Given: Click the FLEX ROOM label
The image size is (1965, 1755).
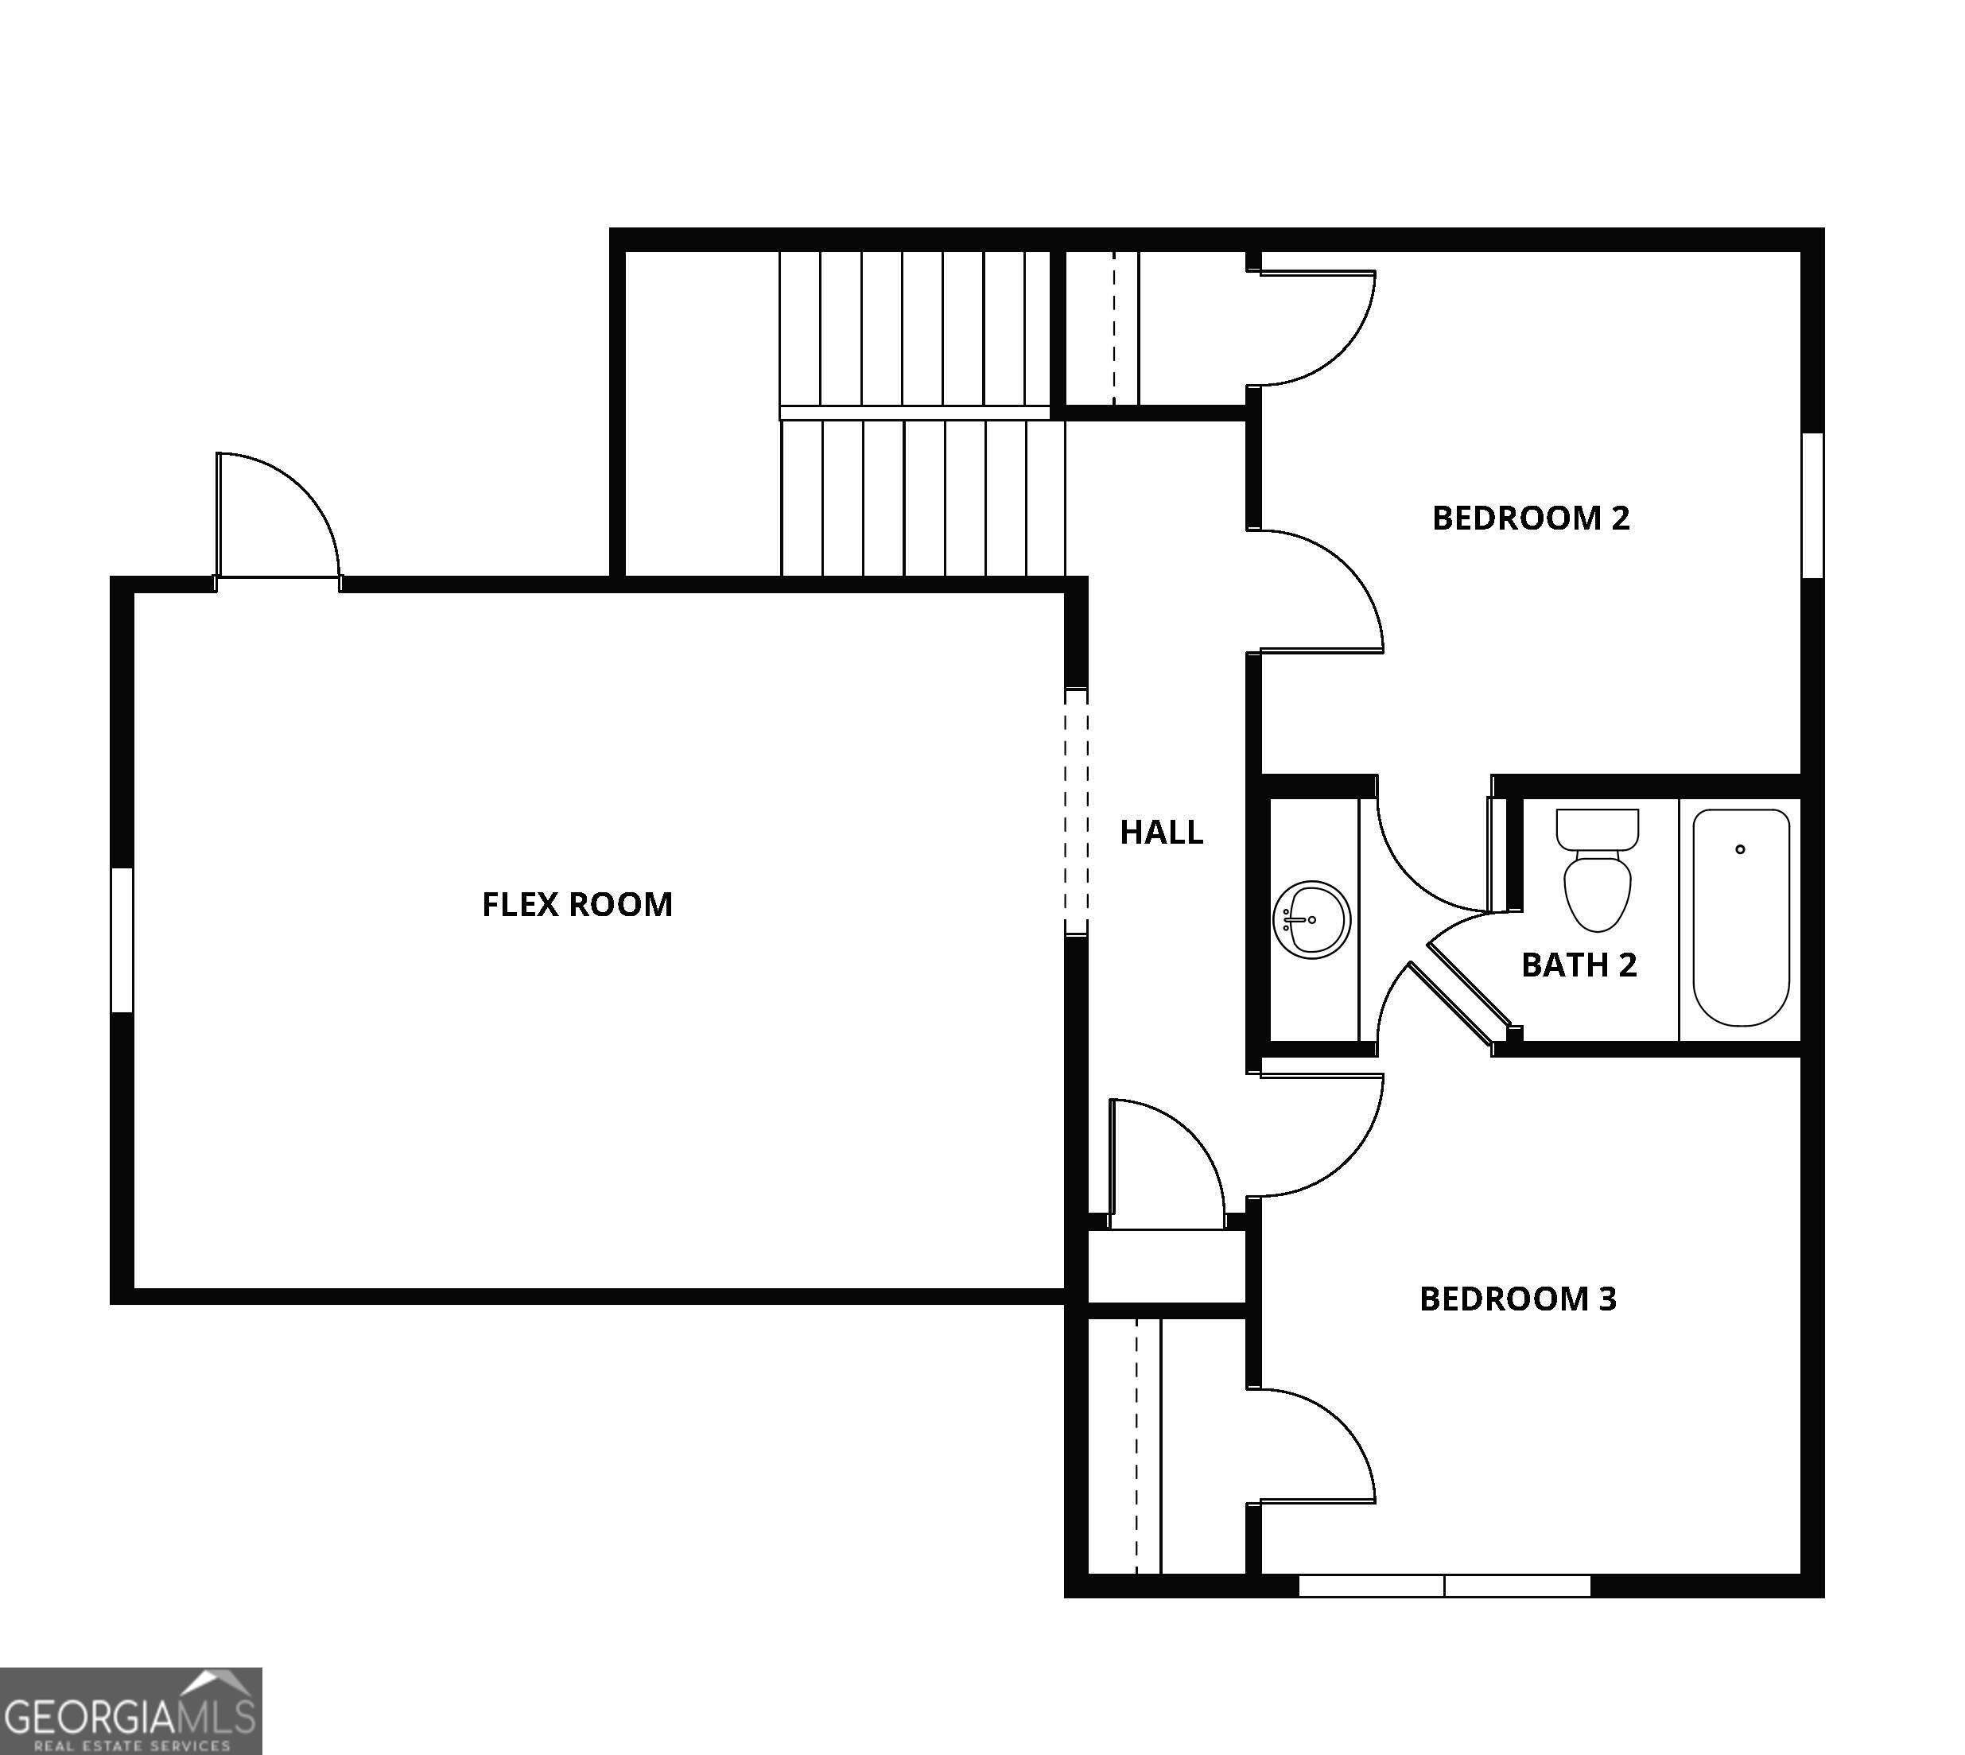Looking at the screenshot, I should (x=577, y=904).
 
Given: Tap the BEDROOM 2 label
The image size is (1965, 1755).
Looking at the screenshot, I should (x=1530, y=518).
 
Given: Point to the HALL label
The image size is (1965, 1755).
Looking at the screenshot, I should (x=1161, y=833).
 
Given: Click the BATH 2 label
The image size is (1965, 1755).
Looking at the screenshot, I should (x=1579, y=965).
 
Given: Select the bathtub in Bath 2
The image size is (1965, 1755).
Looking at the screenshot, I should (x=1740, y=917).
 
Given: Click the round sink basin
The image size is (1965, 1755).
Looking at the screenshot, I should (x=1311, y=919).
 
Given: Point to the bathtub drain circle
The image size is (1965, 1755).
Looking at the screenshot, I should (x=1740, y=849).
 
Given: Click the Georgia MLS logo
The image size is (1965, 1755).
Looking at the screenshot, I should (x=130, y=1710).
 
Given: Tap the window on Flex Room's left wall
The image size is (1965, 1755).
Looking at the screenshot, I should (x=122, y=940).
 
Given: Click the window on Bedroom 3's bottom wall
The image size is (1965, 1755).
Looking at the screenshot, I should (x=1444, y=1586).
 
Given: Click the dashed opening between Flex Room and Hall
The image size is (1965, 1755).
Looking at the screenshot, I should (x=1076, y=812).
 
